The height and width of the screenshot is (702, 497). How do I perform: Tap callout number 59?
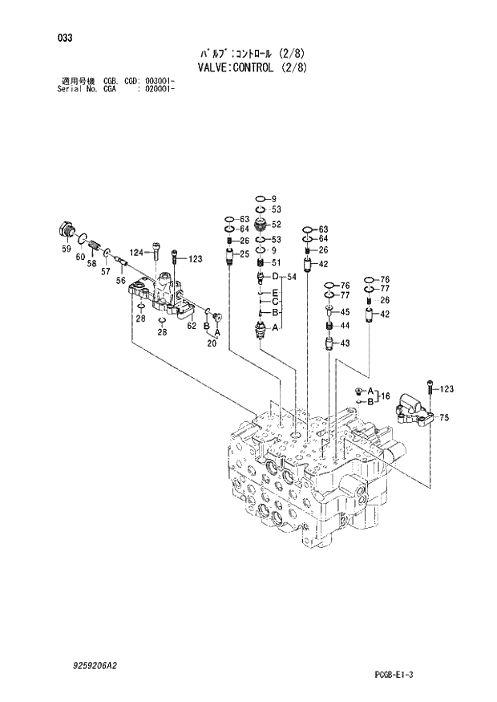pyautogui.click(x=67, y=249)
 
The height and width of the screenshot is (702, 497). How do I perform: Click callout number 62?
pyautogui.click(x=192, y=326)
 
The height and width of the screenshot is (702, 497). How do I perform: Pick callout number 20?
pyautogui.click(x=212, y=343)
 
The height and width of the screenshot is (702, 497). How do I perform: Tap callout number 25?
pyautogui.click(x=244, y=254)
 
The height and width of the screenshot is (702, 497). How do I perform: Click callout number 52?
pyautogui.click(x=276, y=224)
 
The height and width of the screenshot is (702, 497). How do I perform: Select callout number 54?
pyautogui.click(x=292, y=276)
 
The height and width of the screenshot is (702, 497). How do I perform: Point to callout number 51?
pyautogui.click(x=276, y=262)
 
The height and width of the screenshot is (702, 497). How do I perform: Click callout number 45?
pyautogui.click(x=345, y=312)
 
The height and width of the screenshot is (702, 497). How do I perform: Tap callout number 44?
pyautogui.click(x=345, y=326)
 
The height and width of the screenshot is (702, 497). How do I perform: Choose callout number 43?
pyautogui.click(x=345, y=343)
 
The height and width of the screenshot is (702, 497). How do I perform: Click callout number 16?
pyautogui.click(x=385, y=396)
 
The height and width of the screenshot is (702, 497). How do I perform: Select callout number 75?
pyautogui.click(x=444, y=417)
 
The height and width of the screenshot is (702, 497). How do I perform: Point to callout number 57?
pyautogui.click(x=105, y=272)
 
